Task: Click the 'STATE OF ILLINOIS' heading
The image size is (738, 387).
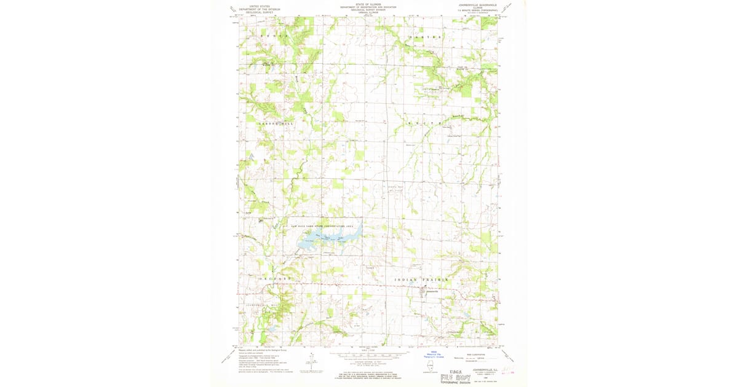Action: [x=368, y=3]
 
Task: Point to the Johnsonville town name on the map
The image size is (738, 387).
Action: [x=429, y=291]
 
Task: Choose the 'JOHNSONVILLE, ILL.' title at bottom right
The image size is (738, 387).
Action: [x=481, y=370]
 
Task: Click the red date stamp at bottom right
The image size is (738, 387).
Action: [x=508, y=370]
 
